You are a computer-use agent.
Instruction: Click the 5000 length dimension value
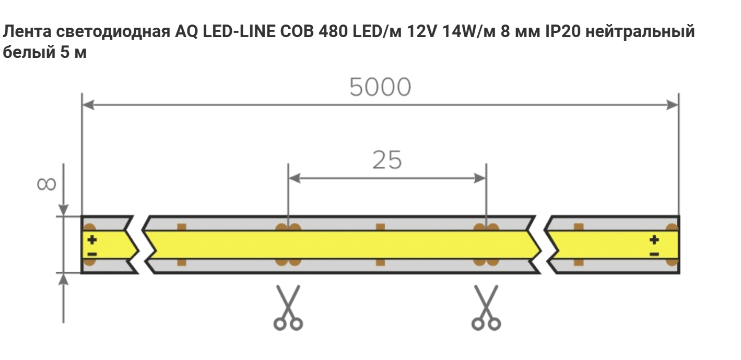click(x=380, y=87)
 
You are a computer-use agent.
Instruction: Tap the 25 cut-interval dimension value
click(x=387, y=160)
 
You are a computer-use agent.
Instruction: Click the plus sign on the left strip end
click(x=92, y=240)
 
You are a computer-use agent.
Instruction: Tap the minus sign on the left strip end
click(x=92, y=254)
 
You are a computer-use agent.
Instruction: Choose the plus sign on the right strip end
click(x=654, y=240)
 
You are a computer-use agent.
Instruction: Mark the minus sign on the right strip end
click(x=654, y=254)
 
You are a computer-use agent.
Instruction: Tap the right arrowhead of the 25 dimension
click(x=481, y=178)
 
